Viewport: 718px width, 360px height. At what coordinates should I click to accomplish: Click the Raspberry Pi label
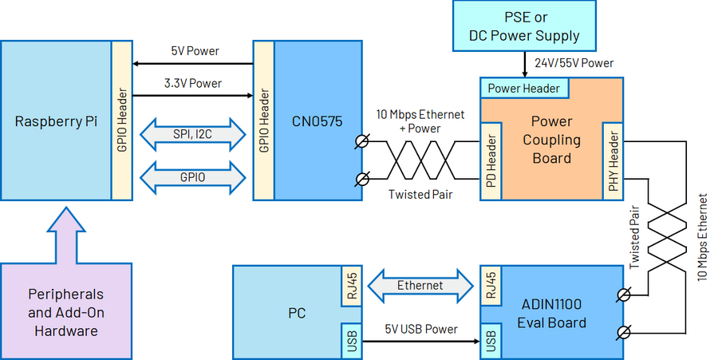(x=56, y=122)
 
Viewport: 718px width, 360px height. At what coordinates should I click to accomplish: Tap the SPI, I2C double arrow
(x=191, y=134)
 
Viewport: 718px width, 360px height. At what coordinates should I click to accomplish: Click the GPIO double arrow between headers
(x=191, y=177)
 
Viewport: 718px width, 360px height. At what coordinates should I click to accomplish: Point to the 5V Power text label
(x=195, y=51)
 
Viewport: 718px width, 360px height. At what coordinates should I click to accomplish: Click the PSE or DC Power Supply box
(x=524, y=26)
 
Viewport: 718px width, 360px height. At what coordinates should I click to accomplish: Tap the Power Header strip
(x=523, y=88)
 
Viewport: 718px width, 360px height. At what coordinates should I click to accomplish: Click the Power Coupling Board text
(x=551, y=140)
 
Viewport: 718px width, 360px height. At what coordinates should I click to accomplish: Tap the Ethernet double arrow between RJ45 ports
(x=420, y=285)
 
